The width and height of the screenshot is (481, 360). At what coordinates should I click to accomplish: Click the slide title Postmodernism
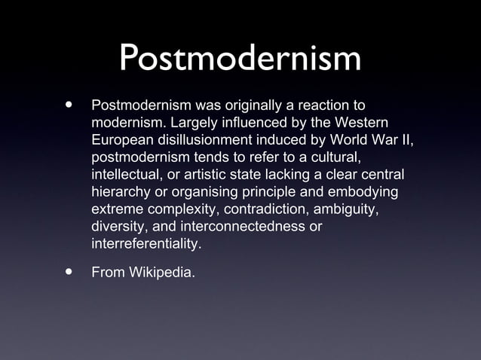(240, 59)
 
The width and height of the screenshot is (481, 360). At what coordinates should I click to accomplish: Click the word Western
(365, 124)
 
